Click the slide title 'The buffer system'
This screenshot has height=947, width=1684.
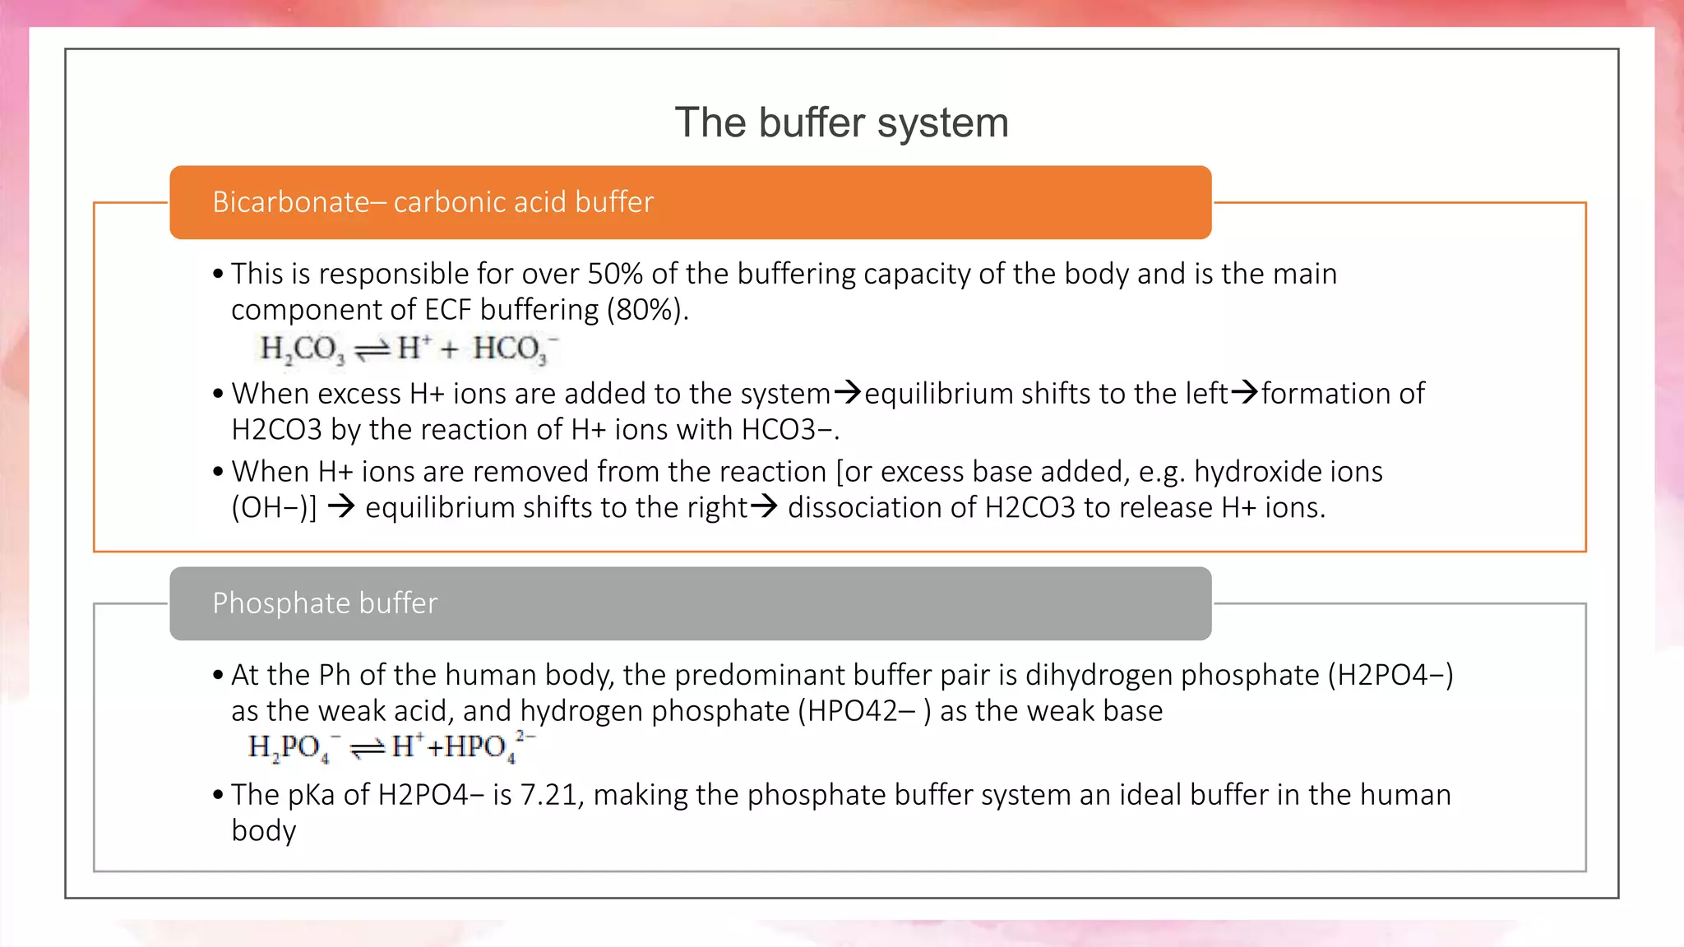(x=841, y=123)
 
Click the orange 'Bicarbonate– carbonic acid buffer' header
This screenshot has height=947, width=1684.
(x=690, y=202)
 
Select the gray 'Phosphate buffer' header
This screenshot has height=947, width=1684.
(x=690, y=603)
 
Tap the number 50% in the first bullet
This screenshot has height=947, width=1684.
(x=614, y=274)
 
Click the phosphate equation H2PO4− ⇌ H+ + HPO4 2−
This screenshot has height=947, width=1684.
(x=391, y=746)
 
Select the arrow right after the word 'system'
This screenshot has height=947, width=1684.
(x=848, y=392)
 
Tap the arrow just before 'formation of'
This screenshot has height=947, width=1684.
(x=1245, y=392)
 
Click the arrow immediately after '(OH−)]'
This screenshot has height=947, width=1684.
(x=341, y=506)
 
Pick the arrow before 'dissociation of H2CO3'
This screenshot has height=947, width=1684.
(x=764, y=506)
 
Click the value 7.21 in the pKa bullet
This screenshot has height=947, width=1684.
(x=548, y=795)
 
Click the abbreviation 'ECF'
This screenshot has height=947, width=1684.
(x=448, y=310)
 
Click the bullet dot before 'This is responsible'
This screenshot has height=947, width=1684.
(x=218, y=275)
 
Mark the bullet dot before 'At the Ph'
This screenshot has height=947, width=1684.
(x=218, y=676)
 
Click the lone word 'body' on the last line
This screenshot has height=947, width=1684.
(x=263, y=831)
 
